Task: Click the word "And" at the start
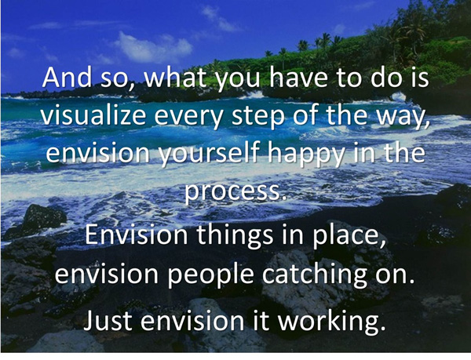[x=67, y=77]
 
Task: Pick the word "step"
[x=257, y=117]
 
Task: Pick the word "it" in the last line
[x=261, y=320]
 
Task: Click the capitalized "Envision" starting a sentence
[x=136, y=235]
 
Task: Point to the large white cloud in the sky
[x=153, y=47]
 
